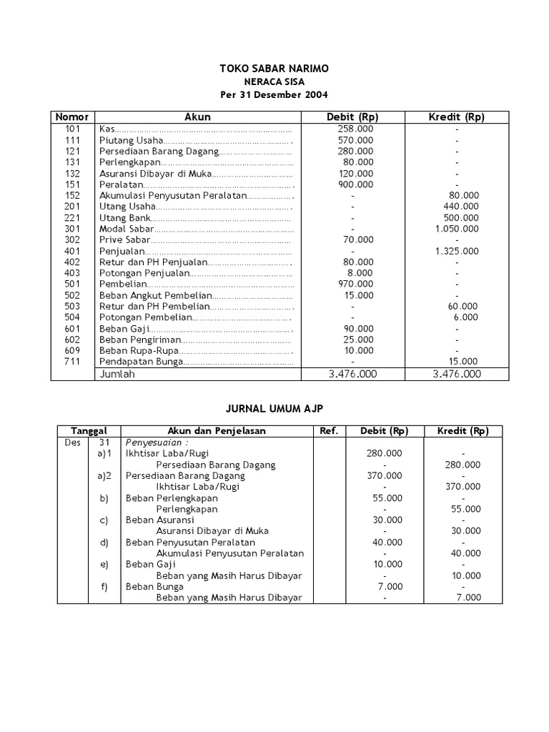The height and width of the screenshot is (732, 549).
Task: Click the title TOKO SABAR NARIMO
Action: pyautogui.click(x=274, y=69)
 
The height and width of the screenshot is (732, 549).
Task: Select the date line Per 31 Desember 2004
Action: pyautogui.click(x=274, y=95)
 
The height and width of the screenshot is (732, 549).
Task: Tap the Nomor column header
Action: pyautogui.click(x=72, y=117)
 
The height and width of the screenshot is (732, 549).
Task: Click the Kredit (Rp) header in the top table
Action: pyautogui.click(x=456, y=117)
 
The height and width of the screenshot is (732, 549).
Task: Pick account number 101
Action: pyautogui.click(x=72, y=129)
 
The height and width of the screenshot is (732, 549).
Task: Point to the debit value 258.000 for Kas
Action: pyautogui.click(x=355, y=129)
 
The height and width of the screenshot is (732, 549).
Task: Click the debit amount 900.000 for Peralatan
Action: pyautogui.click(x=355, y=184)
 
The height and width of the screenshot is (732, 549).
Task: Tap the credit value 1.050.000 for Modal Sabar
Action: pyautogui.click(x=457, y=229)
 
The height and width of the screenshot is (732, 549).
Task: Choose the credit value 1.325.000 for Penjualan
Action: pyautogui.click(x=457, y=251)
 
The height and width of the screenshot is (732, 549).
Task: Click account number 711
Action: pyautogui.click(x=72, y=362)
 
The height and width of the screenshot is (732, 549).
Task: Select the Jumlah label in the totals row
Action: pyautogui.click(x=117, y=374)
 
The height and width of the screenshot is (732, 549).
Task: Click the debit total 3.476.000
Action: pyautogui.click(x=352, y=374)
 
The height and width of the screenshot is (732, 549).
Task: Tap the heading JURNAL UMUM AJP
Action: pyautogui.click(x=274, y=408)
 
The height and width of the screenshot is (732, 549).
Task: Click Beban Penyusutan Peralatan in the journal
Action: pyautogui.click(x=189, y=542)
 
